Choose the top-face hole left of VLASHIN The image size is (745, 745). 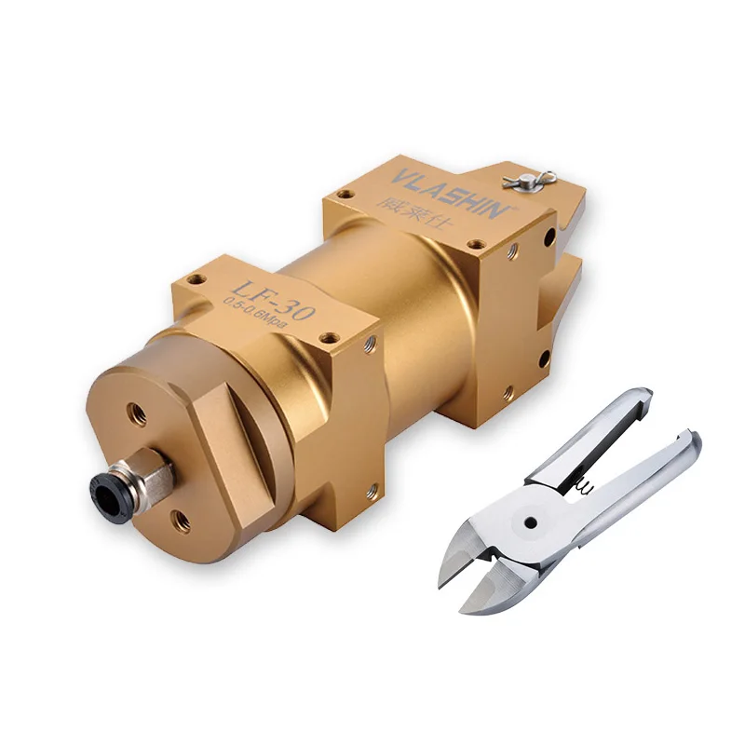tap(346, 196)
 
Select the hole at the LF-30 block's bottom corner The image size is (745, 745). tap(372, 487)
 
